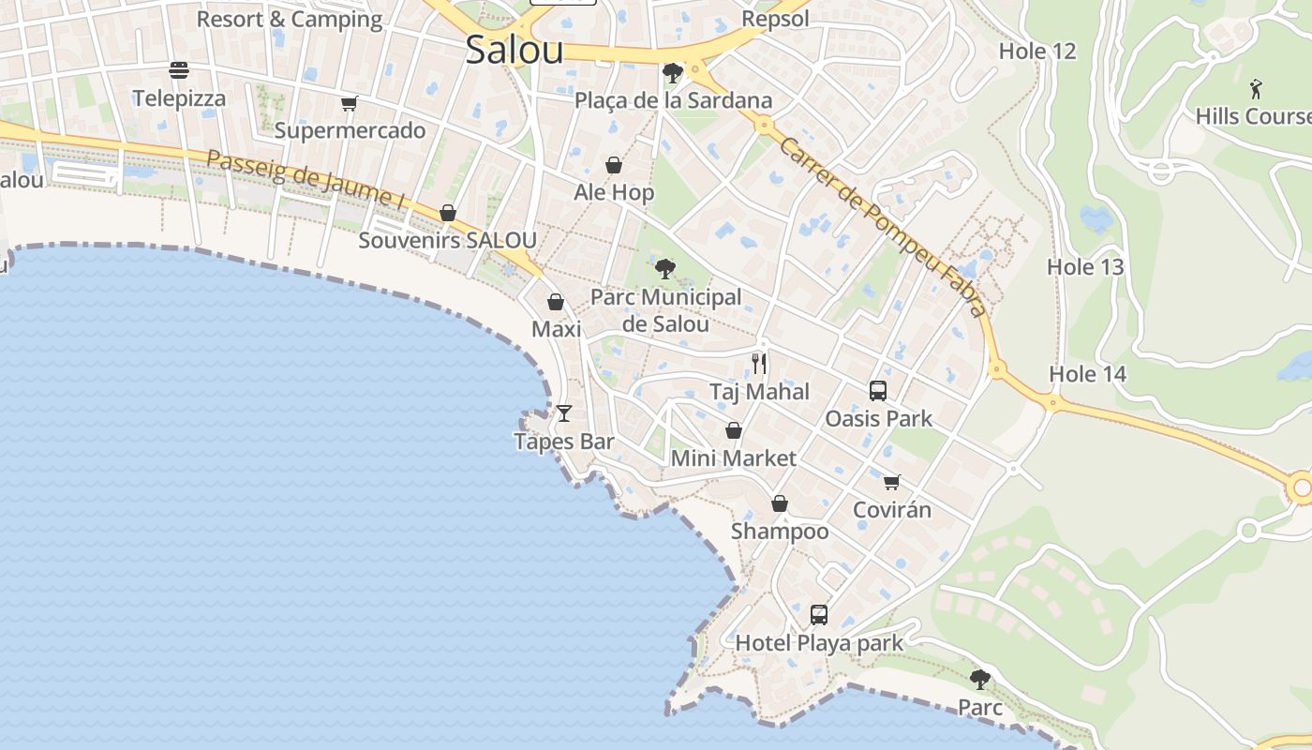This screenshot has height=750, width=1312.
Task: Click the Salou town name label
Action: [x=514, y=51]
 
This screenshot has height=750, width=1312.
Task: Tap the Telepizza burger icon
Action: [x=179, y=70]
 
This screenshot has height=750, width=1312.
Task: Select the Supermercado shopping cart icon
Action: [x=350, y=103]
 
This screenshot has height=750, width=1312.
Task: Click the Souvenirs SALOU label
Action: [x=447, y=240]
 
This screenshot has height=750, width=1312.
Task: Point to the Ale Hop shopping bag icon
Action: [x=614, y=166]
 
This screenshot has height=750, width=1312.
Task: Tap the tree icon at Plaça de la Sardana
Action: [x=672, y=72]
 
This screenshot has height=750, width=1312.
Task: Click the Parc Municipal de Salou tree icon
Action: [x=665, y=269]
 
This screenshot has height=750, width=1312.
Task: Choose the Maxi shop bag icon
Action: [x=556, y=302]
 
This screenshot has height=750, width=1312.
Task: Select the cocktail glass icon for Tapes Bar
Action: [x=564, y=412]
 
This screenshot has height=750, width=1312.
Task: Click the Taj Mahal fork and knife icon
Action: [x=759, y=363]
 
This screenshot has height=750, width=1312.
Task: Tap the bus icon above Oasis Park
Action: [x=878, y=390]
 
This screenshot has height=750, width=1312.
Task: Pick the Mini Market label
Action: [x=734, y=458]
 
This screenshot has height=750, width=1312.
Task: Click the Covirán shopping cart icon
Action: [x=891, y=482]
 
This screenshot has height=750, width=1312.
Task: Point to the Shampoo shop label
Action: [x=780, y=532]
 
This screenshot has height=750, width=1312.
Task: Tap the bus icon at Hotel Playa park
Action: [x=819, y=615]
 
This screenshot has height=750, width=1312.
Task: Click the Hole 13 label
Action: [x=1084, y=267]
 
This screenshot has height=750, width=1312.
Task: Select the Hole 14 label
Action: [x=1087, y=374]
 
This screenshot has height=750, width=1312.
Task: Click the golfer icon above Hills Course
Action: [x=1257, y=89]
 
